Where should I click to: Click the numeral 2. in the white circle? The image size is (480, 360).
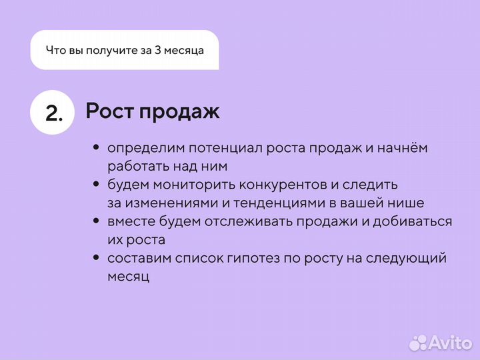pyautogui.click(x=54, y=113)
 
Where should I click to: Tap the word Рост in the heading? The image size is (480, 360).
pyautogui.click(x=109, y=111)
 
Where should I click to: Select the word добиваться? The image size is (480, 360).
pyautogui.click(x=402, y=221)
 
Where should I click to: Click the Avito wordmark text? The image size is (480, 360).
pyautogui.click(x=451, y=343)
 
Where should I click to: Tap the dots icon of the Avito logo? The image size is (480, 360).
pyautogui.click(x=418, y=342)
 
